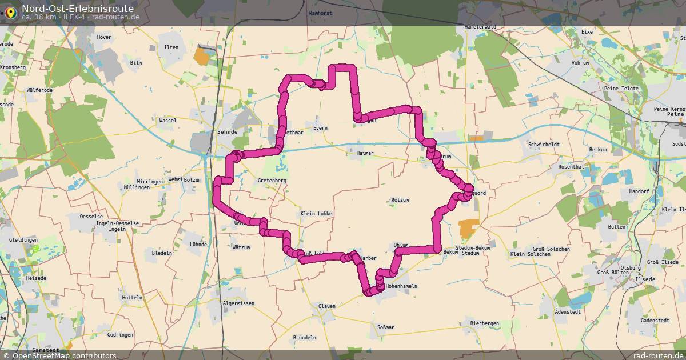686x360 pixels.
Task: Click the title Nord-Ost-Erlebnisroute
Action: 78,9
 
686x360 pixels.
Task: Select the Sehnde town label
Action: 227,131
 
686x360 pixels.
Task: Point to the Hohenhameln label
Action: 405,286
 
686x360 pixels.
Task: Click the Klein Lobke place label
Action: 316,213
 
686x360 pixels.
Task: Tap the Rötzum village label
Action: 400,199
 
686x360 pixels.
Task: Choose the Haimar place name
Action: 364,153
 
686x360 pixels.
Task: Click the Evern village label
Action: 320,128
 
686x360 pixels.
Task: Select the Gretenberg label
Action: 272,180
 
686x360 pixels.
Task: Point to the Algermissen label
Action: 238,303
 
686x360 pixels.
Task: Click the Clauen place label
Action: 326,306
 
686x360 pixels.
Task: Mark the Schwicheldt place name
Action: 544,145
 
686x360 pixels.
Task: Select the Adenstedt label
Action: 568,312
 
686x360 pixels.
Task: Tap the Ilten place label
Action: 171,47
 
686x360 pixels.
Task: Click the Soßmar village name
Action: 386,327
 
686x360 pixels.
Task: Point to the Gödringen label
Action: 119,334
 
